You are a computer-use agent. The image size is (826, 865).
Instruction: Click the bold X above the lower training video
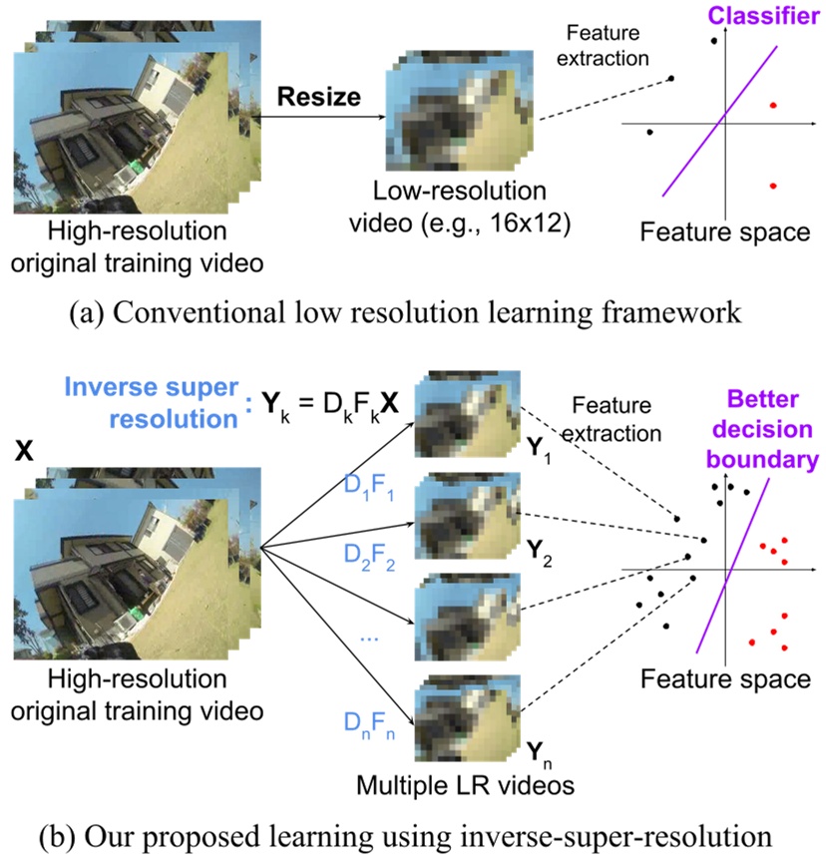point(26,451)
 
